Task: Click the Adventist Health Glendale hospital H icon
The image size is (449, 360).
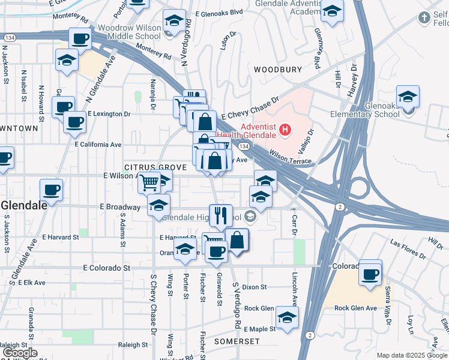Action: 286,128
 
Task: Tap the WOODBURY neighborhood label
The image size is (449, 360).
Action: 277,70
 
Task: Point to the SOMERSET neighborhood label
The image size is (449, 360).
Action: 237,341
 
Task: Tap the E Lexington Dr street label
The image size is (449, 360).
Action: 109,113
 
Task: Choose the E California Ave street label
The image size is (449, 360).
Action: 98,145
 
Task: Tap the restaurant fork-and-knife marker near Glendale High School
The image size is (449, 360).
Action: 221,215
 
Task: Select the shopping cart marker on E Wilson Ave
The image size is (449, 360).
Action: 149,182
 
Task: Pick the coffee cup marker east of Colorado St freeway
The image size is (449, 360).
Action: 370,274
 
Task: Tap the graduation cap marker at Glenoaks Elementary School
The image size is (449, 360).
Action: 408,97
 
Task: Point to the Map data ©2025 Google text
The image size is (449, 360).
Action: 412,355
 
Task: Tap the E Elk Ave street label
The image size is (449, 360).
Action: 32,282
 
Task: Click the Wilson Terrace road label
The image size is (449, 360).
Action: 290,157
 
